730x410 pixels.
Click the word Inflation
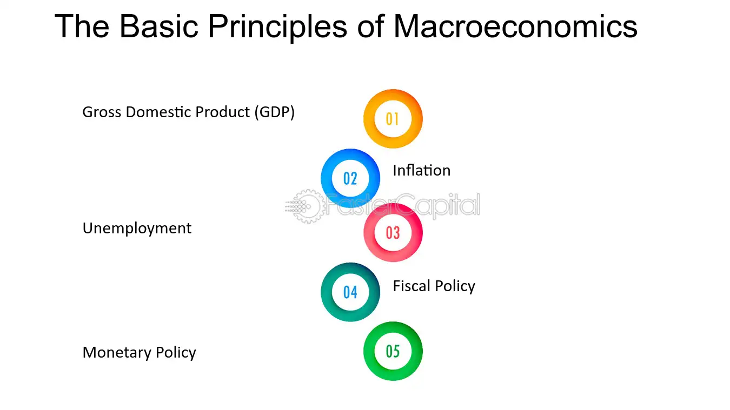click(422, 170)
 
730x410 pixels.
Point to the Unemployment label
click(137, 228)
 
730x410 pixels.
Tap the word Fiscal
click(412, 286)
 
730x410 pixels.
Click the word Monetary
click(117, 353)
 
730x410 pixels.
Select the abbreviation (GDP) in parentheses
click(274, 112)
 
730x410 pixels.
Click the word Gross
click(102, 112)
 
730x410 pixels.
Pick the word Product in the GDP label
click(223, 112)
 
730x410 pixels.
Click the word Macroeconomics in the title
click(515, 26)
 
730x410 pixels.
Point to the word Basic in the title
click(159, 26)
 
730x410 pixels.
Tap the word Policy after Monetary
click(176, 353)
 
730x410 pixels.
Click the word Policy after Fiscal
click(455, 286)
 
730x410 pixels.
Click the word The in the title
click(82, 26)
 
